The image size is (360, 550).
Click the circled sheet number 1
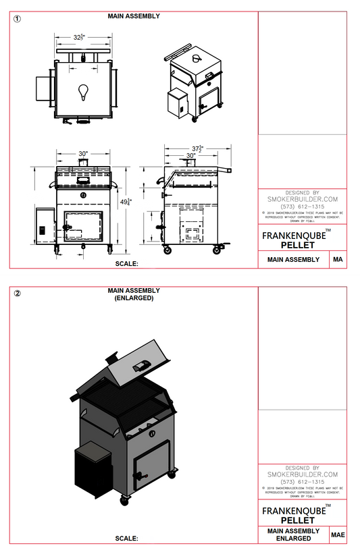coord(18,19)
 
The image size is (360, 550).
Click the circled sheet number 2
coord(18,294)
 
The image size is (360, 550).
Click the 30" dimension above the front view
coord(82,154)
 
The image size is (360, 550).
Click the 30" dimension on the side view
coord(191,155)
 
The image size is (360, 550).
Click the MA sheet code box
coord(337,260)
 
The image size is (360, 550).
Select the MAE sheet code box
coord(338,534)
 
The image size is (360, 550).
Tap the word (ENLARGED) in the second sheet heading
coord(134,297)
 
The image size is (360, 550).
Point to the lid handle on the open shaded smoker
coord(141,365)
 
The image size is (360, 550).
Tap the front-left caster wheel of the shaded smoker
coord(124,500)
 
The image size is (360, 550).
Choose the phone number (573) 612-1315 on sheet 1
coord(302,207)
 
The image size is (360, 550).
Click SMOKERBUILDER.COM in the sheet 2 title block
coord(302,474)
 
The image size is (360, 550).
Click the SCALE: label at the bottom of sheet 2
coord(126,539)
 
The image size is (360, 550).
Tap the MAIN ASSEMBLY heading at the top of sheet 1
coord(134,16)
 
